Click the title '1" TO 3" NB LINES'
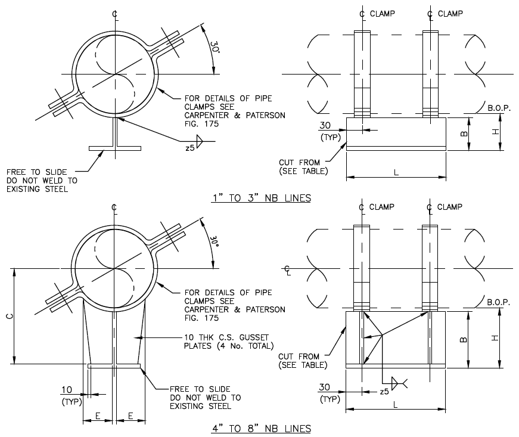click(x=262, y=198)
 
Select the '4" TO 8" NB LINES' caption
click(x=261, y=428)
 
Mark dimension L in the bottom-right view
click(x=396, y=404)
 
